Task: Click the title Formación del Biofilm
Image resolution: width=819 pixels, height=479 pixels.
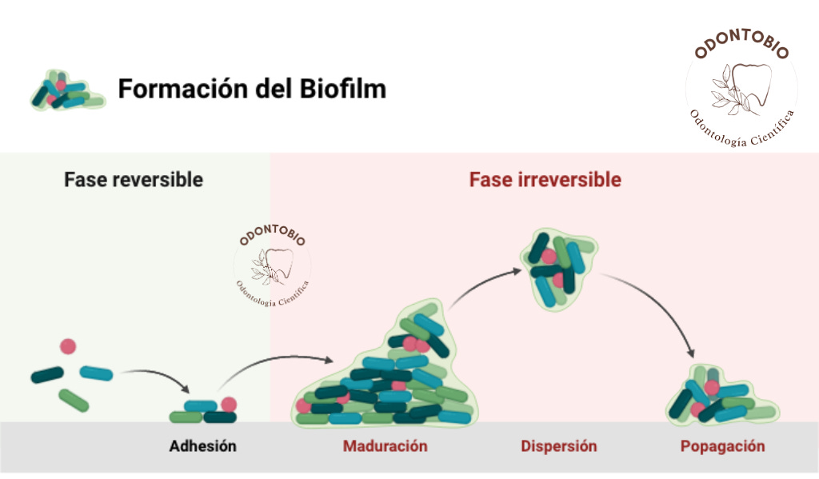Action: (x=252, y=89)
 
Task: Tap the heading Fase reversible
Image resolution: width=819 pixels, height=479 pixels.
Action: (x=134, y=179)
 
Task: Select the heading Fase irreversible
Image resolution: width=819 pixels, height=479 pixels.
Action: (x=545, y=179)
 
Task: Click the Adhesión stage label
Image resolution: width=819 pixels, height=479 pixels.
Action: (x=202, y=445)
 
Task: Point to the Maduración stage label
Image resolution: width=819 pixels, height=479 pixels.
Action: (x=385, y=445)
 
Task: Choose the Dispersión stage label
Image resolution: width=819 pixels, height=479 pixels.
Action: (x=558, y=445)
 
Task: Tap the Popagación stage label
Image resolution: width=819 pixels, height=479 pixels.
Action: (x=722, y=445)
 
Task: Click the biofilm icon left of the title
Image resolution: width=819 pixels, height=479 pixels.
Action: (x=66, y=89)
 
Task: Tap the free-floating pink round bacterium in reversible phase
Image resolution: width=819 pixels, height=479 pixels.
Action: (x=68, y=346)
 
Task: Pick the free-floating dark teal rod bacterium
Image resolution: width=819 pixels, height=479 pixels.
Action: (x=47, y=374)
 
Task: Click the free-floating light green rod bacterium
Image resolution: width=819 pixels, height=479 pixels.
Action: (x=74, y=400)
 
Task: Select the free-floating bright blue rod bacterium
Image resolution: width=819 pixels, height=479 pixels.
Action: (x=96, y=373)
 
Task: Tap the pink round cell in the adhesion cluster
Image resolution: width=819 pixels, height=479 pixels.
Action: (x=229, y=405)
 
